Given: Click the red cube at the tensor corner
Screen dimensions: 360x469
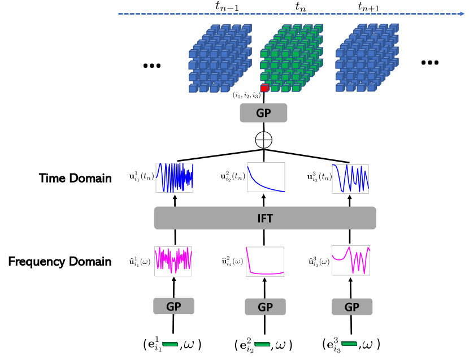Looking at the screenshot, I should pyautogui.click(x=264, y=88).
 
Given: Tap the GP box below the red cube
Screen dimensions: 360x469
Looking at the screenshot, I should pyautogui.click(x=264, y=113).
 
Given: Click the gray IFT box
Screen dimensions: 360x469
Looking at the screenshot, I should pyautogui.click(x=265, y=218).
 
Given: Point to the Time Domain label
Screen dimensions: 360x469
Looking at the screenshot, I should pyautogui.click(x=76, y=178).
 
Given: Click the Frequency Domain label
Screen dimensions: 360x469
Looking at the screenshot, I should pyautogui.click(x=60, y=262).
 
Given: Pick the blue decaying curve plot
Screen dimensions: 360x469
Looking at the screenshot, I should pyautogui.click(x=266, y=177).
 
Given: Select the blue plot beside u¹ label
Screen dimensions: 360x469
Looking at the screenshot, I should pyautogui.click(x=175, y=177).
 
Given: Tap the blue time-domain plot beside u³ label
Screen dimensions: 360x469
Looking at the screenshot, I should pyautogui.click(x=350, y=179).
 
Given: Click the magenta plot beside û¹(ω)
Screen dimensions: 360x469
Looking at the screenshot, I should pyautogui.click(x=173, y=261).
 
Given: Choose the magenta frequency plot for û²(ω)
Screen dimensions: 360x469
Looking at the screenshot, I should pyautogui.click(x=265, y=261).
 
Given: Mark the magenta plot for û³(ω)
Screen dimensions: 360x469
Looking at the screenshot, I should pyautogui.click(x=350, y=261).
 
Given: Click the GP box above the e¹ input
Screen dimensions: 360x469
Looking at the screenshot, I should pyautogui.click(x=174, y=306).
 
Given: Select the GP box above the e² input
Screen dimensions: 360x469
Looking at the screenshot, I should pyautogui.click(x=265, y=307).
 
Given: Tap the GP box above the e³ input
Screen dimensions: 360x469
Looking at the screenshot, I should pyautogui.click(x=351, y=307).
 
